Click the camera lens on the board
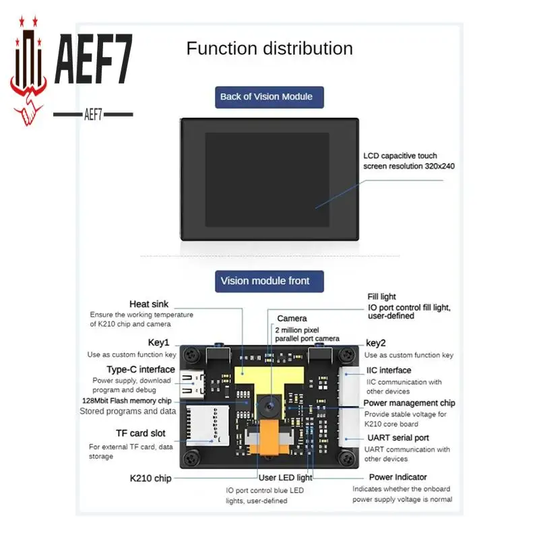[x=268, y=406]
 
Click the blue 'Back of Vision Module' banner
[x=266, y=96]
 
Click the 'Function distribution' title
[x=269, y=49]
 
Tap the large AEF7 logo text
[x=93, y=61]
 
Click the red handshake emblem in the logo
[x=29, y=101]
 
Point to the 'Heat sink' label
[x=149, y=305]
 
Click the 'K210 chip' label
[x=150, y=478]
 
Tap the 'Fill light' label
[x=382, y=296]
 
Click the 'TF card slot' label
[x=140, y=433]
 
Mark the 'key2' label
[x=376, y=343]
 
